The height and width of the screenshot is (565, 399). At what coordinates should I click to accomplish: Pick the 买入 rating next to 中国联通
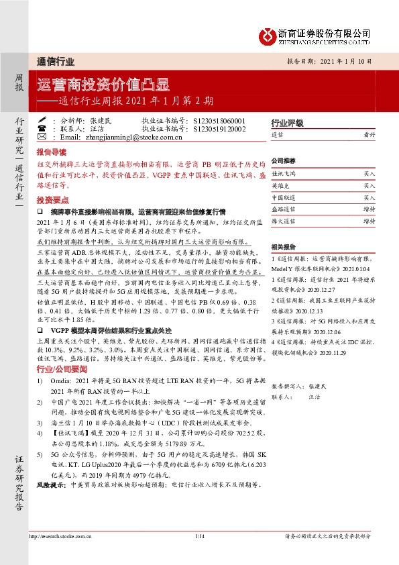tap(369, 198)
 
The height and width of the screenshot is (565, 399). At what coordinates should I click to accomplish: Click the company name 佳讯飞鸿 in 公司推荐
tap(283, 173)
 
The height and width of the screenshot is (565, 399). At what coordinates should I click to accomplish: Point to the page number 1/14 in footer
tap(199, 554)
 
